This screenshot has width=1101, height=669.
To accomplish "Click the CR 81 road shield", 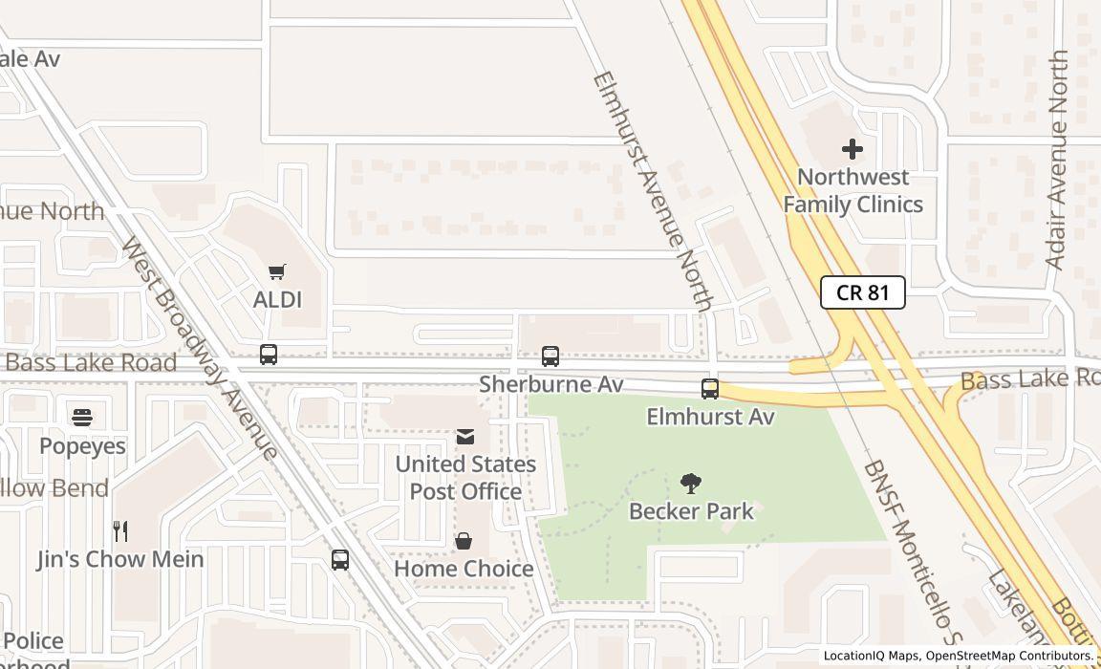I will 862,292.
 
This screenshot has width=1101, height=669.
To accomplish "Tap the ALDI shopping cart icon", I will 277,272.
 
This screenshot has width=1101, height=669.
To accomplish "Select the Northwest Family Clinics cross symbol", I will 852,149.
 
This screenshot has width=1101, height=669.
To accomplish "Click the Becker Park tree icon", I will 690,484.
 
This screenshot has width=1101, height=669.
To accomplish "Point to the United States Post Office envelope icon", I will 465,437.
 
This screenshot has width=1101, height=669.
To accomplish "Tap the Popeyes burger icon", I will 82,418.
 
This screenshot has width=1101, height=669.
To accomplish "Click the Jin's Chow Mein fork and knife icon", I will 120,530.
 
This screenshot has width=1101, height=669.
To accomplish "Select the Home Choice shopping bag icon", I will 464,542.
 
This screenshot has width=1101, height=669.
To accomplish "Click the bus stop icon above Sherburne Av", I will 550,356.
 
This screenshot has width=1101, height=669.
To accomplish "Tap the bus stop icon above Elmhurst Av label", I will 710,389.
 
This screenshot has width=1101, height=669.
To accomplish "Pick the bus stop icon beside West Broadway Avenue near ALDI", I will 269,355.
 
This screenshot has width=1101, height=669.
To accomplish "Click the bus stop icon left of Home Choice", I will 340,560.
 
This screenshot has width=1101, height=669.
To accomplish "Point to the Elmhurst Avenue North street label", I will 654,191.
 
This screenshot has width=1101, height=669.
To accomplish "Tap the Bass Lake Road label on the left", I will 92,363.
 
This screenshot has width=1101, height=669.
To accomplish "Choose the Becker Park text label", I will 691,511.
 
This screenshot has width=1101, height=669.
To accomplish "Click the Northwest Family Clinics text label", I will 853,190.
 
